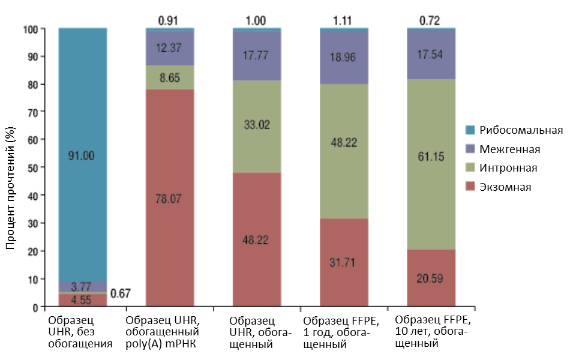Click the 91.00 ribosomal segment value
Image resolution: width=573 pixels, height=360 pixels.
[83, 155]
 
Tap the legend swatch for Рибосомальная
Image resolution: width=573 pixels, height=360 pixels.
[470, 130]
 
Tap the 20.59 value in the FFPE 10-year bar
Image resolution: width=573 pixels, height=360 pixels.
[430, 278]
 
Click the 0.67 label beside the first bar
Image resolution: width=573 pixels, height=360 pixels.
[121, 293]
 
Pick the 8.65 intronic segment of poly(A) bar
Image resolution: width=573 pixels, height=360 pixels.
[170, 77]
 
